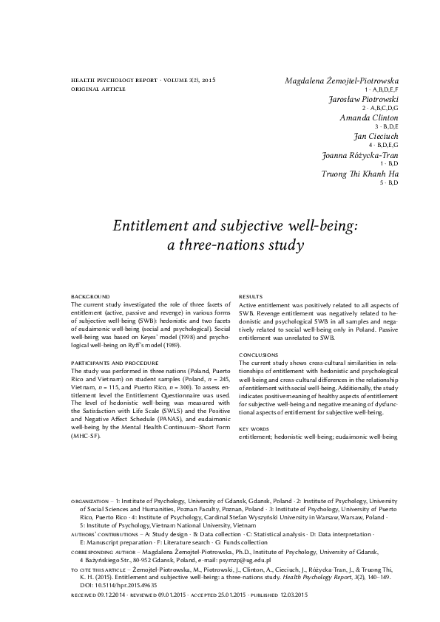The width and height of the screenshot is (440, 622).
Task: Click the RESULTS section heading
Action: click(251, 296)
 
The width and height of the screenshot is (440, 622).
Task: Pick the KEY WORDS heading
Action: click(253, 429)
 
